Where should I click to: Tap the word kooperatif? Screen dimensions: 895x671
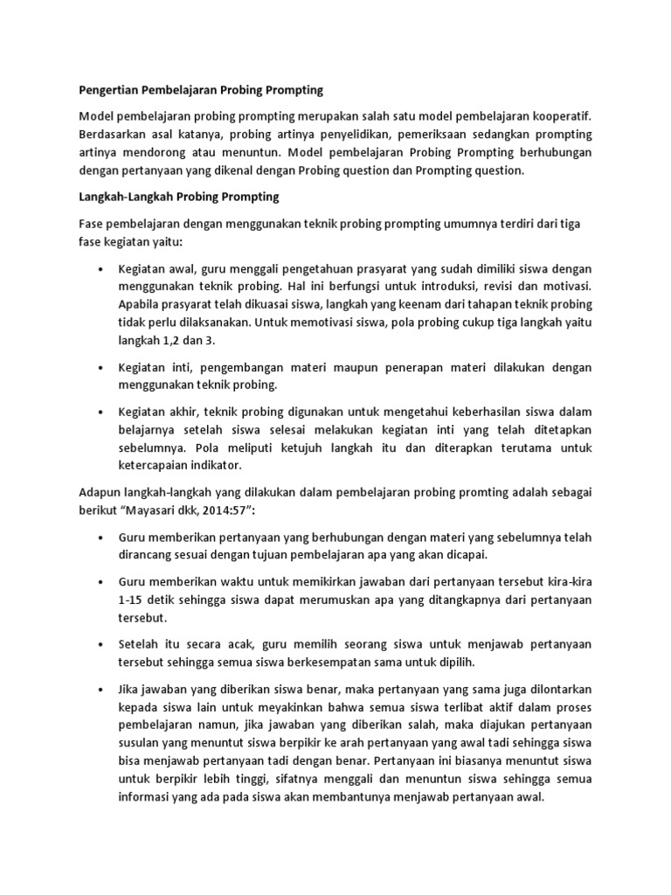[560, 116]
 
